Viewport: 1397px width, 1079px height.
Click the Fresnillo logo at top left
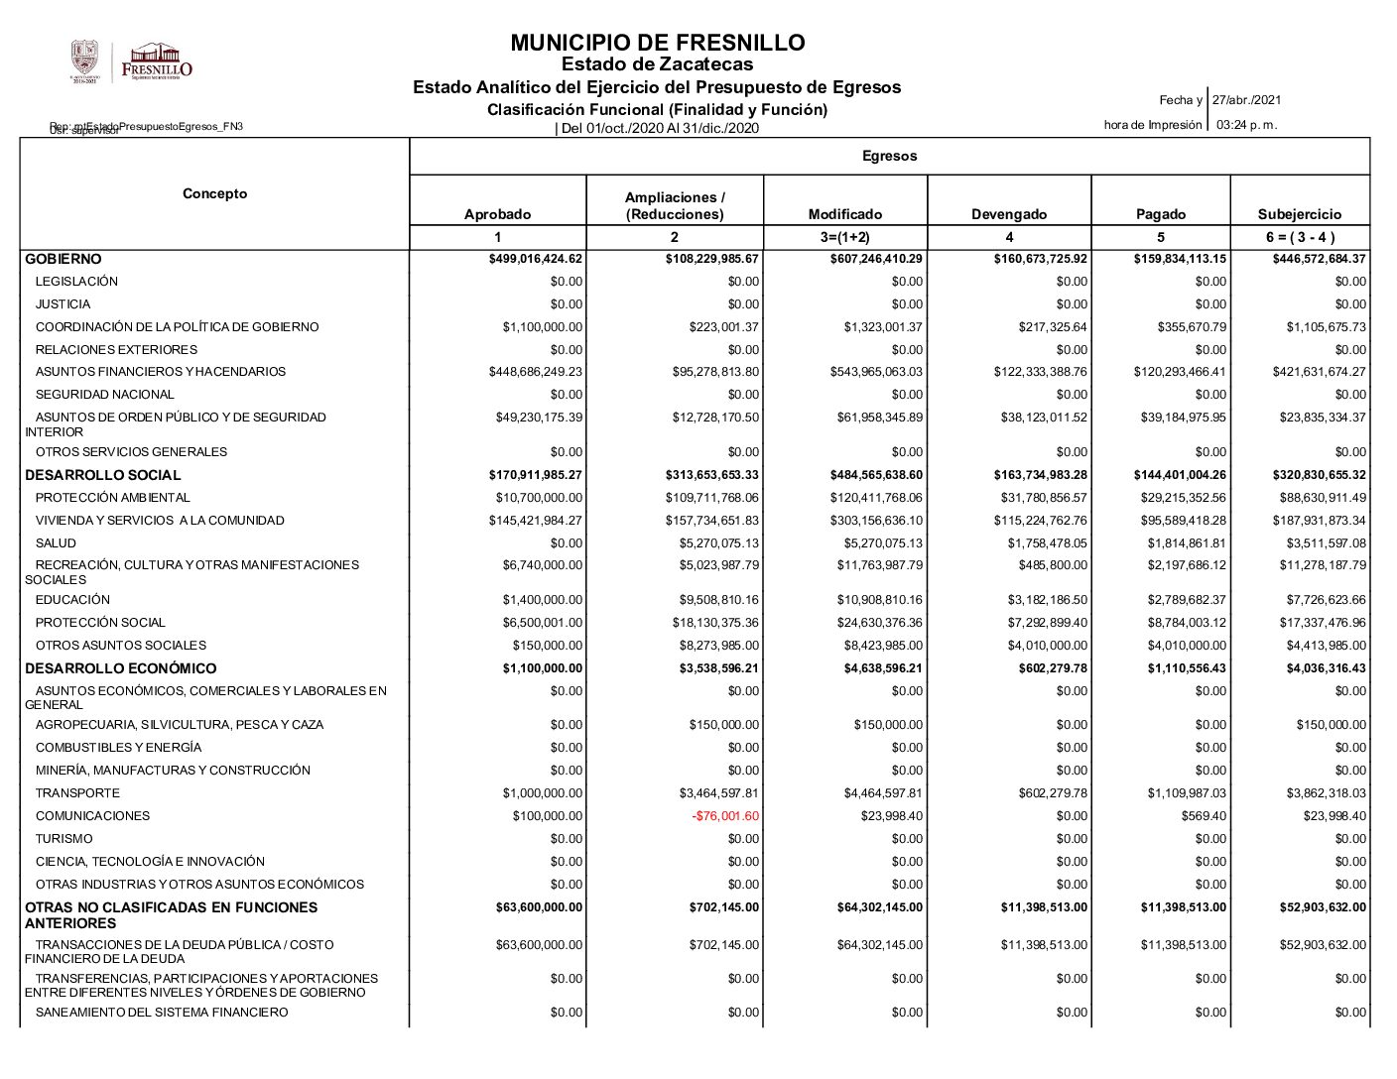tap(157, 61)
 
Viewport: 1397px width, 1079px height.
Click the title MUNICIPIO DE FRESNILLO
tap(657, 43)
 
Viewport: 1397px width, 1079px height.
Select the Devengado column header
tap(1009, 214)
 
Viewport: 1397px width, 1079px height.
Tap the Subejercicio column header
tap(1299, 214)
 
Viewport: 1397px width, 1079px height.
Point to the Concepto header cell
tap(214, 193)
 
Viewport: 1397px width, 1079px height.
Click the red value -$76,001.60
tap(725, 816)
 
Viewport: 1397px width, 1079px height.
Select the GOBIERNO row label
tap(63, 259)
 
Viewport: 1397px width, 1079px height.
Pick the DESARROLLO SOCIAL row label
tap(103, 475)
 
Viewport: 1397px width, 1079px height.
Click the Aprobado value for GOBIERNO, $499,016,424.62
tap(536, 259)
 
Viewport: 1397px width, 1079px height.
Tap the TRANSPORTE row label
tap(77, 793)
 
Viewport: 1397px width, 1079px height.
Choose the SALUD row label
tap(56, 543)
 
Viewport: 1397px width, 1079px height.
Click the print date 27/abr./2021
tap(1246, 100)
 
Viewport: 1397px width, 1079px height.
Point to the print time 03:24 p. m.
tap(1246, 125)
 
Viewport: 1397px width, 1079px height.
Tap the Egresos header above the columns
tap(889, 156)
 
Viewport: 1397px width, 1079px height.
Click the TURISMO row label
tap(64, 839)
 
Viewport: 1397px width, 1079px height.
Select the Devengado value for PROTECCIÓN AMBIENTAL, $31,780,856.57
tap(1040, 498)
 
